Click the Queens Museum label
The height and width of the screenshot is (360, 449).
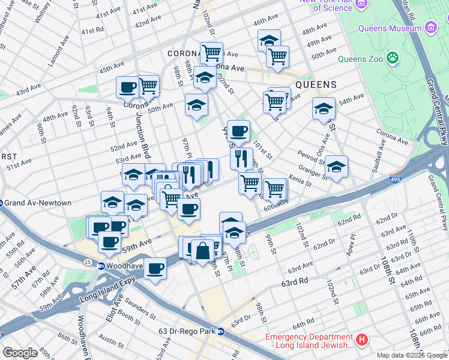(390, 29)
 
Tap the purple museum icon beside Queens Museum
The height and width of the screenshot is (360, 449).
(430, 29)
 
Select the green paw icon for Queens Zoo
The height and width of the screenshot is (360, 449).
(393, 59)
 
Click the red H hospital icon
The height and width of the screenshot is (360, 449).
(361, 340)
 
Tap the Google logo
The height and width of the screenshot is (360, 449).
(20, 353)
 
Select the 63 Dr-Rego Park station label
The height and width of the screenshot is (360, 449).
(187, 331)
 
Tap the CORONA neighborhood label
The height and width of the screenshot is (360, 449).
(183, 53)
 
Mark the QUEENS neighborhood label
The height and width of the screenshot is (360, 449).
(316, 85)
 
